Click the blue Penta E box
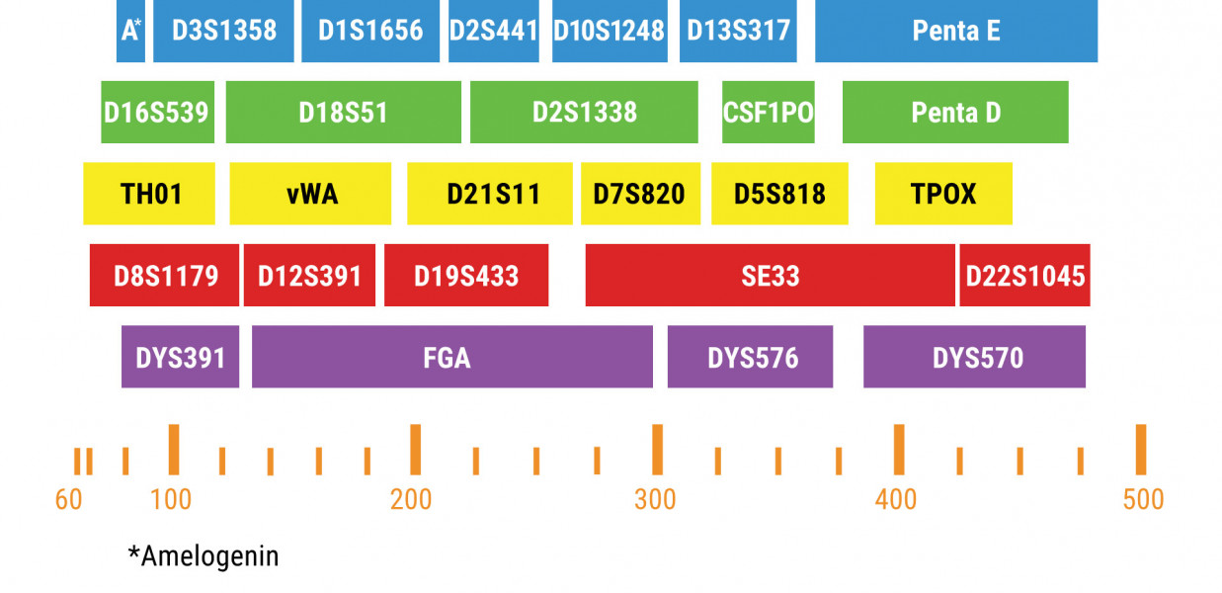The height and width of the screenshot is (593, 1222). (955, 31)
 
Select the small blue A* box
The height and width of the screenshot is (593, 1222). (130, 31)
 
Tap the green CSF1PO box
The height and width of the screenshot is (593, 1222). (768, 112)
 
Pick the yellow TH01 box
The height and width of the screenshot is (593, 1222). (149, 194)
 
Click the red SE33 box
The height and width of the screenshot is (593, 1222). (770, 275)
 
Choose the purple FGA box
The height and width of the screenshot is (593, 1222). (451, 356)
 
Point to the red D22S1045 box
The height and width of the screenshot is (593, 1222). (1024, 275)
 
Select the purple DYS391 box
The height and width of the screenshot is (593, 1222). (180, 356)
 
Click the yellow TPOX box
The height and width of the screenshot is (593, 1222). (943, 194)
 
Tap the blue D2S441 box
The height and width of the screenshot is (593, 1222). (493, 31)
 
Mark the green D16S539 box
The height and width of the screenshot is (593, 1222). (157, 112)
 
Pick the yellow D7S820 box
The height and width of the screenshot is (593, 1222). (639, 194)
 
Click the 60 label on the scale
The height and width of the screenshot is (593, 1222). (69, 500)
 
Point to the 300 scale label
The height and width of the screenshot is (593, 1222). (656, 500)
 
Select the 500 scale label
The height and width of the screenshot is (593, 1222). (1143, 500)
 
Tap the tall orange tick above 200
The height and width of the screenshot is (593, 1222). (415, 450)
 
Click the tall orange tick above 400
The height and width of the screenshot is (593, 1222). (899, 450)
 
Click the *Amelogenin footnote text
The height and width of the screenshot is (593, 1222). (204, 556)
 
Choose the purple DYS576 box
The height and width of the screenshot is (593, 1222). (750, 356)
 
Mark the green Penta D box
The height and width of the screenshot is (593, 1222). (955, 112)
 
